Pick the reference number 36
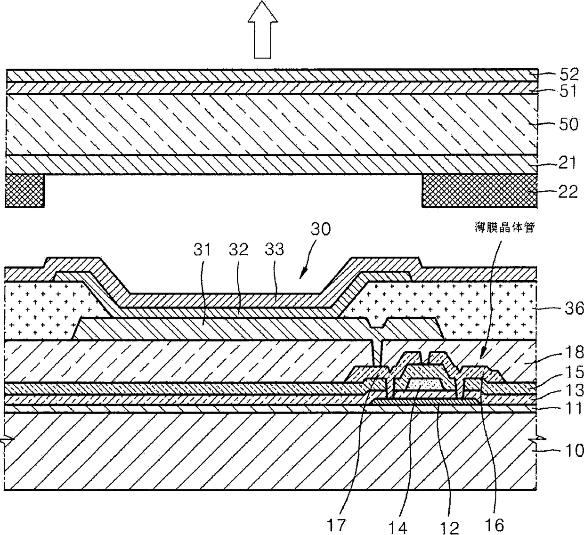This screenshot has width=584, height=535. point(571,308)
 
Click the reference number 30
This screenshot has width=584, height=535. point(321,229)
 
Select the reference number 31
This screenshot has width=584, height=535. point(205,249)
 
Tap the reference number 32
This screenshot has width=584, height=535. point(239,249)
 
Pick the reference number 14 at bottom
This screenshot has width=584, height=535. point(402,526)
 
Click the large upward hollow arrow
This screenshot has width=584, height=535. point(267,29)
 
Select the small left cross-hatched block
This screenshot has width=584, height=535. point(24,190)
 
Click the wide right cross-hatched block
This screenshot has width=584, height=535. point(479,190)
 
